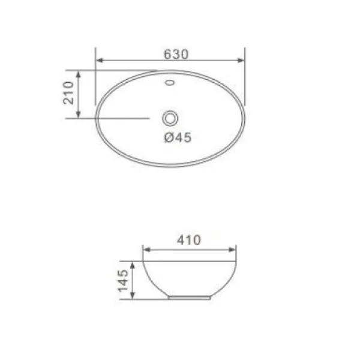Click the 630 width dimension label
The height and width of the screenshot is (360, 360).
click(x=176, y=54)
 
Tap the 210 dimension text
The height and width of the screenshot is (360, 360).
click(x=68, y=93)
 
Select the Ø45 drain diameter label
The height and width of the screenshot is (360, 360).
click(x=178, y=137)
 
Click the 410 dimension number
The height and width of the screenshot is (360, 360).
click(x=189, y=240)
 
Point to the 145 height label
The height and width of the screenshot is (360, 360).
click(x=123, y=281)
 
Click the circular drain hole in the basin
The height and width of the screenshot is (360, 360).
click(x=170, y=118)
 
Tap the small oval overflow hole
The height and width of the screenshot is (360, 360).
click(x=170, y=82)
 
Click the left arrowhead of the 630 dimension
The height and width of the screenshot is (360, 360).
click(x=100, y=61)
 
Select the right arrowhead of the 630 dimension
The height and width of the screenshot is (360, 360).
click(x=241, y=61)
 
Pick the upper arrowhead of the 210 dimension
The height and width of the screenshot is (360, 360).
click(x=78, y=74)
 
